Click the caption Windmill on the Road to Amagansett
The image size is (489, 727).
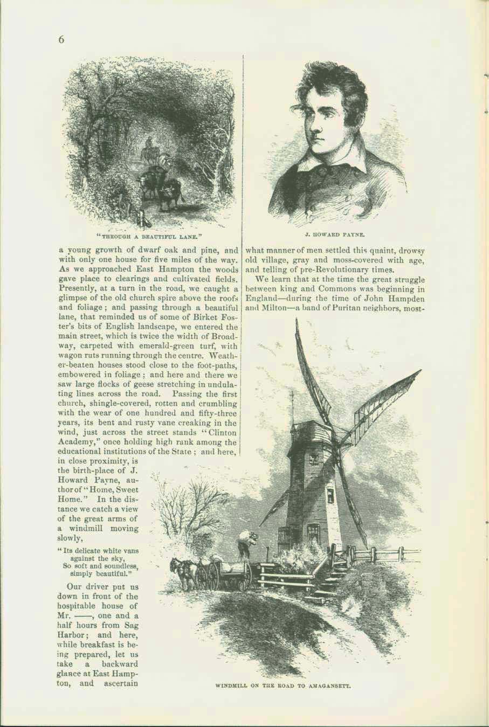283,687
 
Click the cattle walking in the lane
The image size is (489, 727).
162,189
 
